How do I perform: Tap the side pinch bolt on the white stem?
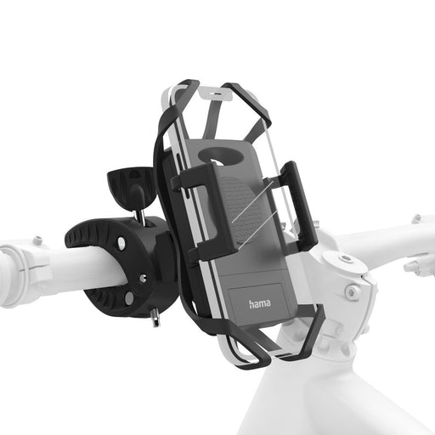(351, 293)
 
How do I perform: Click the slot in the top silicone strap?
(222, 87)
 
